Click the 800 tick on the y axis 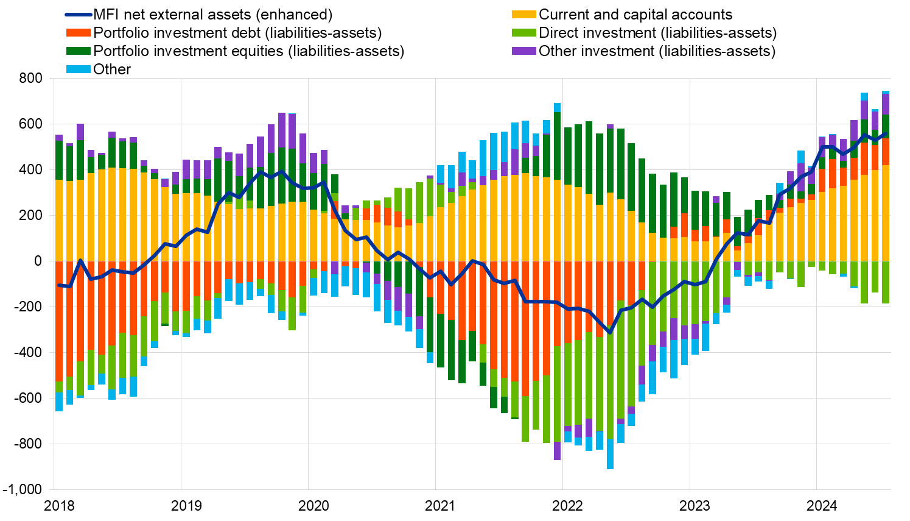click(x=30, y=79)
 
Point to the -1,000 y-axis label click(x=23, y=490)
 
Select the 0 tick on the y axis click(x=38, y=261)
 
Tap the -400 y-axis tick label click(x=28, y=353)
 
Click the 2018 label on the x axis click(x=60, y=506)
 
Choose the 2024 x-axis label click(x=822, y=506)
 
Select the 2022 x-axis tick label click(x=567, y=506)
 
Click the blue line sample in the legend click(x=79, y=15)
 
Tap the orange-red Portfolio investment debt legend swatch click(x=79, y=33)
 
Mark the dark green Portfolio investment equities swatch click(x=79, y=51)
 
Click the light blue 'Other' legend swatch click(x=79, y=69)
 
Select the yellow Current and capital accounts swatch click(x=524, y=15)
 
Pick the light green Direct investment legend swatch click(x=524, y=33)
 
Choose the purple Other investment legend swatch click(x=524, y=51)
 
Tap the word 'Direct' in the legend click(x=559, y=33)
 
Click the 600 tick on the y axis click(x=30, y=124)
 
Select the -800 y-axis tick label click(x=28, y=444)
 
